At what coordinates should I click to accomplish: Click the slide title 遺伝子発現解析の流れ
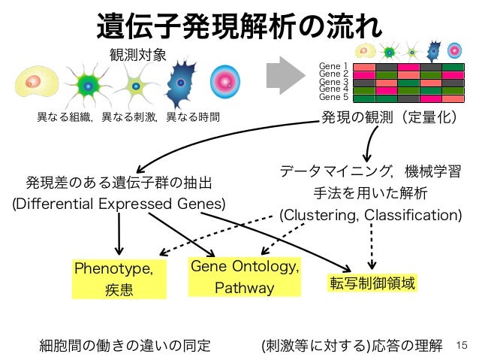point(239,24)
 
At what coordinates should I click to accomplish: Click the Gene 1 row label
point(333,67)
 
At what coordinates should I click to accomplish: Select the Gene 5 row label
point(333,97)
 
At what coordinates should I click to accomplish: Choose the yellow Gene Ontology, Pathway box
point(245,277)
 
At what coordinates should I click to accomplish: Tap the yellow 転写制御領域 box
point(372,283)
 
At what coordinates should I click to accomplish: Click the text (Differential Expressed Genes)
point(119,204)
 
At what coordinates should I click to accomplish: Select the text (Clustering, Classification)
point(371,215)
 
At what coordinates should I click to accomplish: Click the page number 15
point(461,346)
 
